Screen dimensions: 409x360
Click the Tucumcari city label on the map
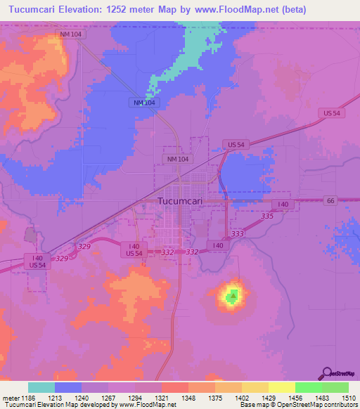point(180,203)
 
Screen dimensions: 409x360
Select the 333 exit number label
point(237,233)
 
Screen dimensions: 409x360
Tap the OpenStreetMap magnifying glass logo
point(327,373)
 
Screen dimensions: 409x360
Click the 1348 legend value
point(187,398)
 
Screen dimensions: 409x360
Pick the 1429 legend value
point(267,398)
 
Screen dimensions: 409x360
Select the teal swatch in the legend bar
point(41,387)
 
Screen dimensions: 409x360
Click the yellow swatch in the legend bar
point(281,387)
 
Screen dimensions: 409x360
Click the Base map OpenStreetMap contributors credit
point(297,405)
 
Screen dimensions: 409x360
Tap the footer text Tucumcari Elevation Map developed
point(53,405)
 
